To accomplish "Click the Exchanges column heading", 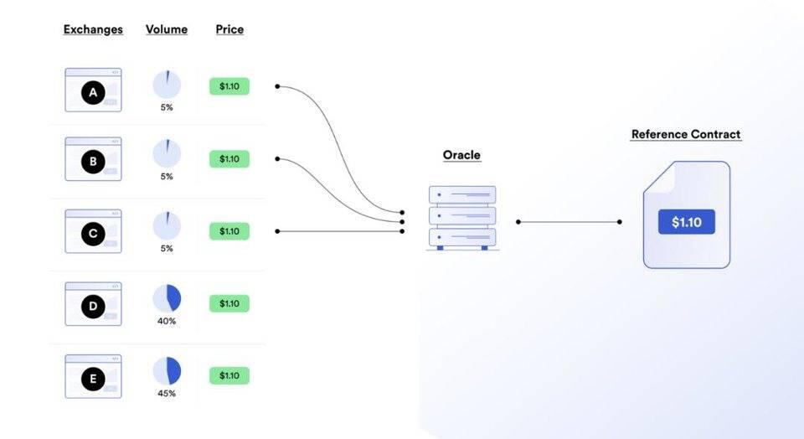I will [93, 29].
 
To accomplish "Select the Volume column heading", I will [167, 29].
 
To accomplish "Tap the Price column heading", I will [229, 29].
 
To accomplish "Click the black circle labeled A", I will [93, 93].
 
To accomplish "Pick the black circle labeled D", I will [93, 307].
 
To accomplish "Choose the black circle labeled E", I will [93, 380].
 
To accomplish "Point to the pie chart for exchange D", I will [167, 298].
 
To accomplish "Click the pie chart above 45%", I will [167, 371].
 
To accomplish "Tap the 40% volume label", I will [167, 321].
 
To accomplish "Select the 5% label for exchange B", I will [167, 177].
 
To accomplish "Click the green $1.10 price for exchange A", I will [229, 86].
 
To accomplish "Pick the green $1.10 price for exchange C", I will [229, 231].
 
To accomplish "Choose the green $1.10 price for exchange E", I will [229, 376].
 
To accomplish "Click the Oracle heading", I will [461, 155].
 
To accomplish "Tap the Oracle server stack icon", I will [462, 217].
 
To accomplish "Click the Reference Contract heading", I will [686, 134].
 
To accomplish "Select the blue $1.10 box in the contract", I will [686, 222].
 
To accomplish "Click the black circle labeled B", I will [93, 162].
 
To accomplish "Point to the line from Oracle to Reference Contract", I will [569, 222].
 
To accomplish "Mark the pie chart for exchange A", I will [167, 84].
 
